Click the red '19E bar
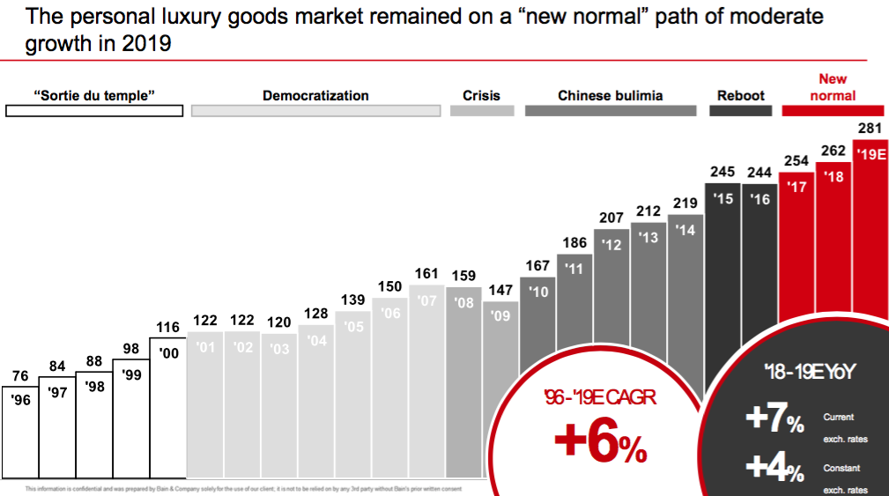[870, 229]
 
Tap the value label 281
[870, 129]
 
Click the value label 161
[426, 275]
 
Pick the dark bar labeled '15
[722, 282]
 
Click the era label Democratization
[315, 96]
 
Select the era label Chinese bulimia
[610, 96]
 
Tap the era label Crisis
[481, 96]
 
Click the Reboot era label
[740, 96]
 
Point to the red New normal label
[833, 87]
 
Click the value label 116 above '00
[167, 328]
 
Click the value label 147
[500, 291]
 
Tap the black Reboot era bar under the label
[740, 112]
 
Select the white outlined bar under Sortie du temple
[94, 112]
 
